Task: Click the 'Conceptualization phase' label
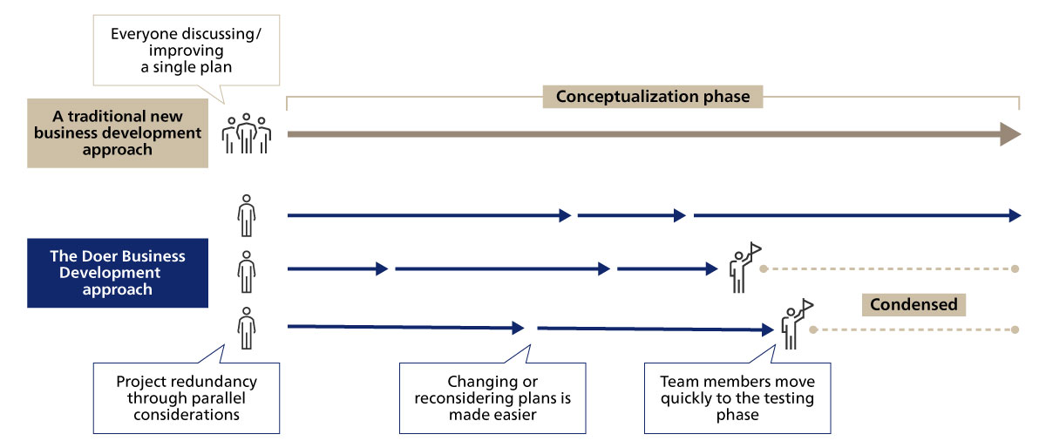click(x=653, y=97)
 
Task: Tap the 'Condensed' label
click(x=914, y=304)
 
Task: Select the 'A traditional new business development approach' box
click(x=118, y=132)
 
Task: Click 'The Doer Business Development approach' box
click(x=118, y=273)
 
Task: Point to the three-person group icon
click(x=247, y=133)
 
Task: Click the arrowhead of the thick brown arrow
click(x=1009, y=134)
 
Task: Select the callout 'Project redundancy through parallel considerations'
click(x=187, y=397)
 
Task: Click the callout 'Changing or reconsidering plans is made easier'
click(x=492, y=397)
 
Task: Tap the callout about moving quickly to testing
click(x=737, y=397)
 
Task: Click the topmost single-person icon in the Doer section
click(x=247, y=215)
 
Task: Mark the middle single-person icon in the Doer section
click(x=247, y=271)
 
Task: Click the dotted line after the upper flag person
click(x=889, y=269)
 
